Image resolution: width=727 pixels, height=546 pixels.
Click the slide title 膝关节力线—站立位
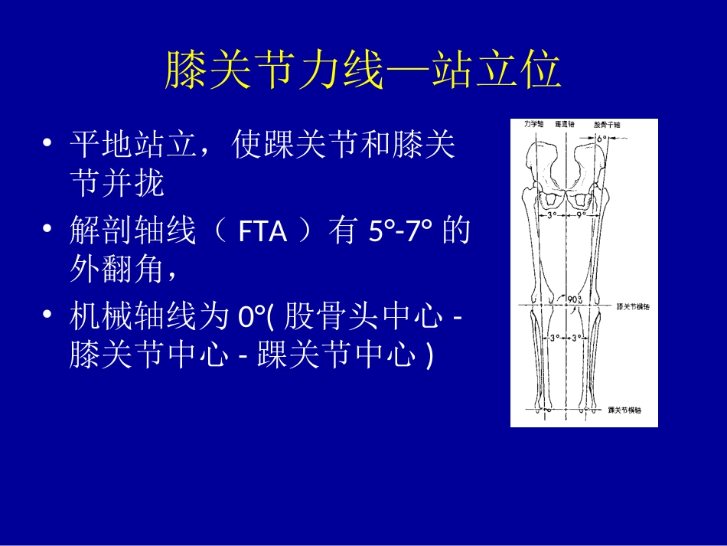click(363, 71)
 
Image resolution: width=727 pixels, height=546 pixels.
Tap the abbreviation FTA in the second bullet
click(262, 230)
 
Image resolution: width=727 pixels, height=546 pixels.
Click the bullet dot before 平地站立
click(48, 145)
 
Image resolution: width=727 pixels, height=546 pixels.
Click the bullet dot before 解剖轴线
click(48, 230)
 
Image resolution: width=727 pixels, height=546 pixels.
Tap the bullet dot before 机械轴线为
click(48, 316)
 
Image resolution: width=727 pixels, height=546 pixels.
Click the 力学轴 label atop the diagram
click(533, 123)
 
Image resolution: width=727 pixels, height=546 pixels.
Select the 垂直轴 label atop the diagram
click(567, 123)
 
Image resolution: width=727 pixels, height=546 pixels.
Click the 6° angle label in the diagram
click(601, 139)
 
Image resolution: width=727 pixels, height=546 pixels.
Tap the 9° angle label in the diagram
click(581, 215)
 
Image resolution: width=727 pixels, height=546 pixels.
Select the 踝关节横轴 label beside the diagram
click(624, 410)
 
